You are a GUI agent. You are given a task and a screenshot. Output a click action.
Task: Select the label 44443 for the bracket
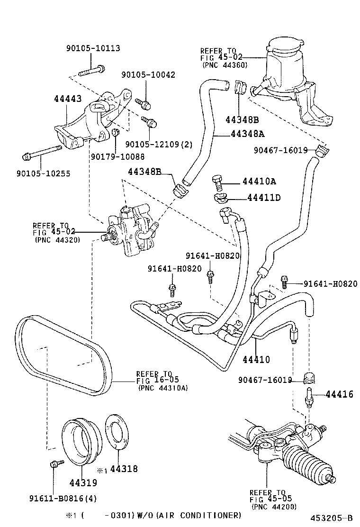tap(68, 99)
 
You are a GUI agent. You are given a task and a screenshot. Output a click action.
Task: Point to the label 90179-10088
tap(117, 156)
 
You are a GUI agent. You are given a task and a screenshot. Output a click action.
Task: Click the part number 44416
tap(339, 394)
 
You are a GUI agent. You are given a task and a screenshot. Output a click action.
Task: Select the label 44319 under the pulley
tap(83, 482)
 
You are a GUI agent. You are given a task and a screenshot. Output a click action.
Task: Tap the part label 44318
tap(124, 469)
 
